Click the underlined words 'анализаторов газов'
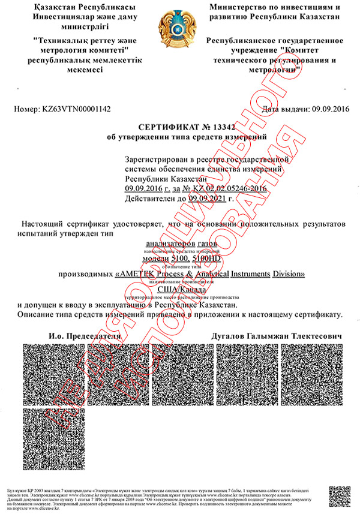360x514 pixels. (179, 244)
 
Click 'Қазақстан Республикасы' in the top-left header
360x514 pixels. (75, 7)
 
